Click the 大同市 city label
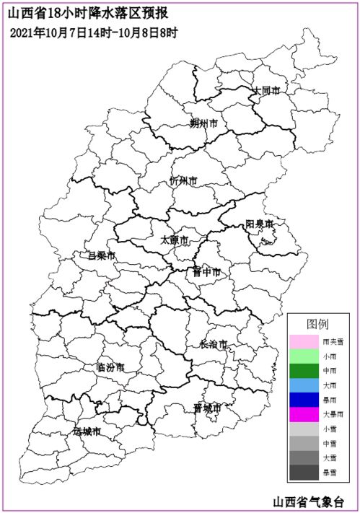265,91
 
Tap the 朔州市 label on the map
203,123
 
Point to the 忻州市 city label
183,180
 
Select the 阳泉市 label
259,224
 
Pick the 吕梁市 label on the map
101,255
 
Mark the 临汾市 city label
110,367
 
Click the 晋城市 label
207,408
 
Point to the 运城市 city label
87,431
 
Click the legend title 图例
317,323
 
